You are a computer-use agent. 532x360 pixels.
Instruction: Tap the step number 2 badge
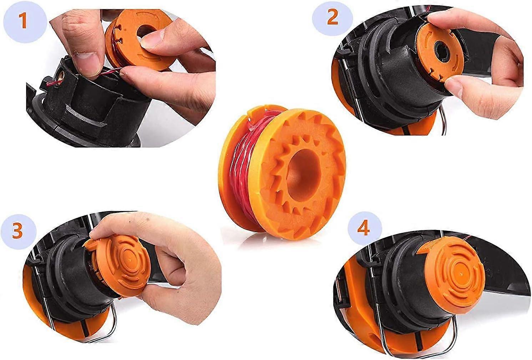332,17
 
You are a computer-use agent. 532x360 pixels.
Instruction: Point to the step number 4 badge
364,229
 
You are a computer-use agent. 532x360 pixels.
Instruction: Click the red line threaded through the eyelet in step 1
52,84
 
